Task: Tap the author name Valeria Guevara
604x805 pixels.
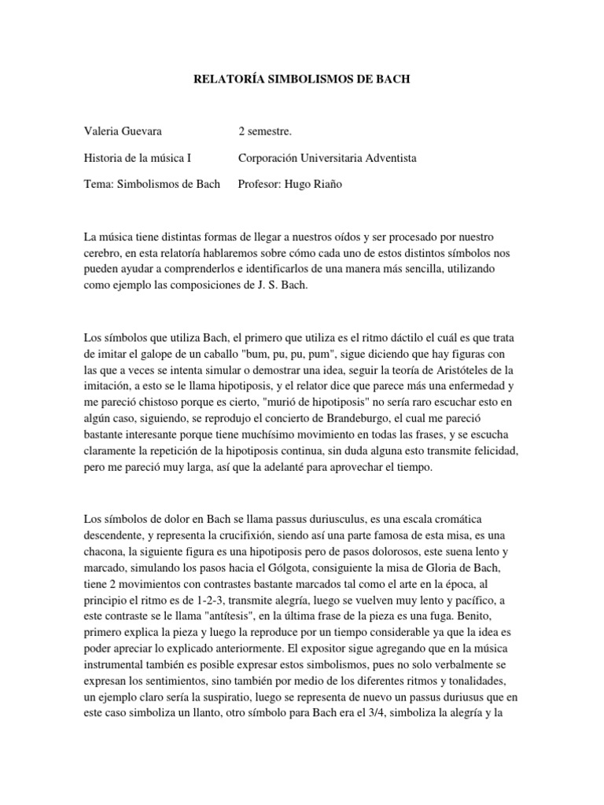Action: (123, 130)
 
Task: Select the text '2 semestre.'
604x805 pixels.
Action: (264, 130)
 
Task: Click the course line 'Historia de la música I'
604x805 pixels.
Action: (138, 157)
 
